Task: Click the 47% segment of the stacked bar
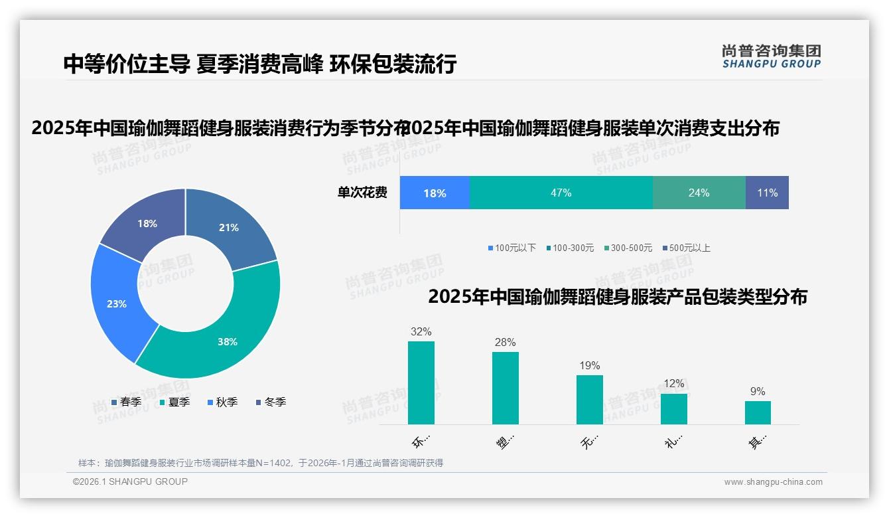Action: tap(561, 193)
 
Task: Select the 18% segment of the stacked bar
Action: tap(435, 193)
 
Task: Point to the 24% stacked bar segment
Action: tap(699, 193)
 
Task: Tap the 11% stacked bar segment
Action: tap(767, 193)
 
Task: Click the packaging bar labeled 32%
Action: tap(421, 383)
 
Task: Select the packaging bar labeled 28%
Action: tap(506, 388)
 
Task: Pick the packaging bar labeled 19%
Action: tap(590, 399)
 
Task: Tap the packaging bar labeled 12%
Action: tap(674, 408)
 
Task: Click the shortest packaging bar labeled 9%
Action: tap(758, 412)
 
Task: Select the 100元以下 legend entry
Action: tap(512, 248)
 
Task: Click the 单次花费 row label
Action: tap(362, 193)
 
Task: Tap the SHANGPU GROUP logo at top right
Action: tap(772, 56)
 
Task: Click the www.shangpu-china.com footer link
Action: tap(773, 482)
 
